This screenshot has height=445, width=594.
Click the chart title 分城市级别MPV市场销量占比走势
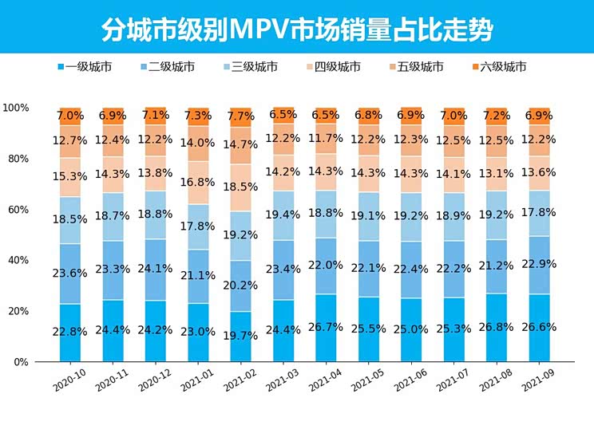(297, 30)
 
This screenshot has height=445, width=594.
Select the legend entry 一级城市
(89, 67)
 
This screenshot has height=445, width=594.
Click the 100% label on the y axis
(16, 108)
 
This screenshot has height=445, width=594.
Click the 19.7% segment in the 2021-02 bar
(240, 336)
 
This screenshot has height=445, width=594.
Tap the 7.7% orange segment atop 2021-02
(240, 116)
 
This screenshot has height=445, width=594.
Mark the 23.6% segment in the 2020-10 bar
(69, 274)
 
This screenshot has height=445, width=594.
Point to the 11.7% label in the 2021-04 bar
(326, 139)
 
